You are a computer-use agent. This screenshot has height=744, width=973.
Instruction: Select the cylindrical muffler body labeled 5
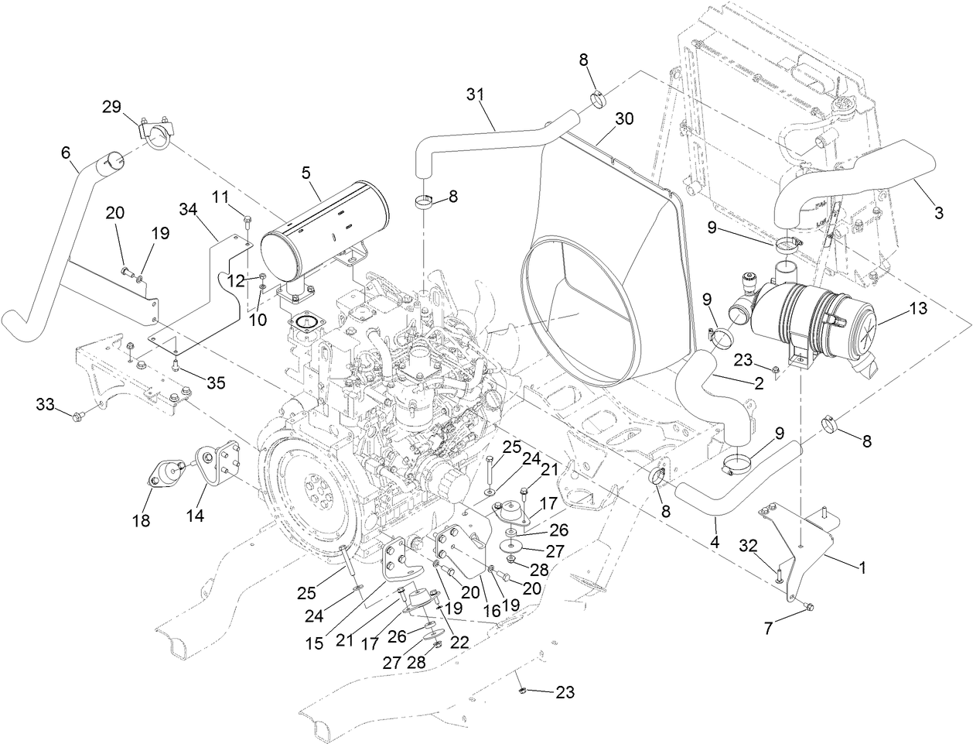[x=325, y=225]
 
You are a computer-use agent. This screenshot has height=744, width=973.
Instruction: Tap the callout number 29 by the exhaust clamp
[x=113, y=107]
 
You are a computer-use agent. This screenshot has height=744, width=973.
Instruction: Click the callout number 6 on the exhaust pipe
[x=65, y=153]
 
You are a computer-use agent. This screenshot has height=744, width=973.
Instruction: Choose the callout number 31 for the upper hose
[x=476, y=94]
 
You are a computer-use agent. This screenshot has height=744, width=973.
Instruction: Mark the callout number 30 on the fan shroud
[x=624, y=118]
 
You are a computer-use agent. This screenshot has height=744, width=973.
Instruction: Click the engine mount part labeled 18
[x=164, y=474]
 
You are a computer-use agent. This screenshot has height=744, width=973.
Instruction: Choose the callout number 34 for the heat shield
[x=188, y=209]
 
